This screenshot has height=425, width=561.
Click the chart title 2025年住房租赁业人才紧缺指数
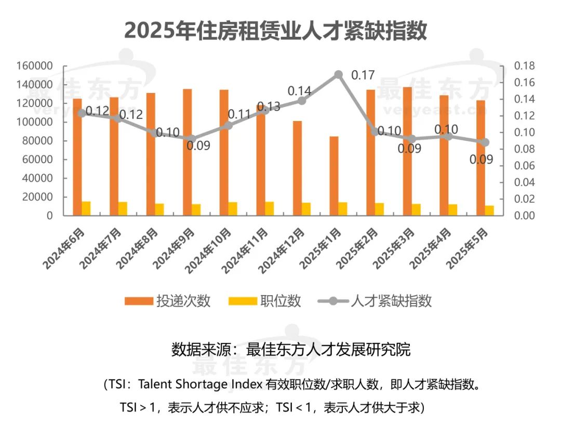[275, 31]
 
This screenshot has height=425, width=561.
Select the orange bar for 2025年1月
[334, 176]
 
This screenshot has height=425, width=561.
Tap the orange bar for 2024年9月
[187, 152]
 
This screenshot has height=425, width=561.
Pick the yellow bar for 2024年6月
[86, 208]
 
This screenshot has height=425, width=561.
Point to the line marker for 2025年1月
[339, 74]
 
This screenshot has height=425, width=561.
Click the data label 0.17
[363, 75]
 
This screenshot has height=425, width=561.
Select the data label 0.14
[299, 90]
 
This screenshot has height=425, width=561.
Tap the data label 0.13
[268, 107]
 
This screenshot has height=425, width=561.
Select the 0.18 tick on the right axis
[524, 66]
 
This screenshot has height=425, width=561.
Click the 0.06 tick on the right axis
[524, 166]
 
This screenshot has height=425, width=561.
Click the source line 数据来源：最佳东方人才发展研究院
[291, 349]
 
